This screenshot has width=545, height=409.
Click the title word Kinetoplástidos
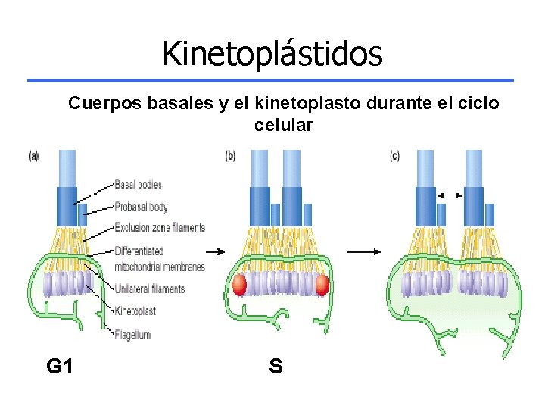click(x=272, y=53)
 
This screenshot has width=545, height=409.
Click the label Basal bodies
click(x=138, y=184)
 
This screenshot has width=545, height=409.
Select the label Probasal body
click(x=141, y=206)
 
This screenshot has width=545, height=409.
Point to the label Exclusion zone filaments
click(x=160, y=227)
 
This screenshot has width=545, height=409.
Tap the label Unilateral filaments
click(x=149, y=289)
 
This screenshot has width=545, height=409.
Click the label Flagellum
click(x=132, y=334)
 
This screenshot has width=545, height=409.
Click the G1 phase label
click(x=60, y=367)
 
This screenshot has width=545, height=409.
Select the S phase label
click(x=276, y=367)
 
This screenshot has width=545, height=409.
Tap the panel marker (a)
click(x=33, y=156)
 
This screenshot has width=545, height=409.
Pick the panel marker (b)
click(x=230, y=156)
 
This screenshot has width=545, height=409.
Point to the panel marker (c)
click(x=394, y=156)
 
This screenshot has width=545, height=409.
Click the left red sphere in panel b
click(x=238, y=285)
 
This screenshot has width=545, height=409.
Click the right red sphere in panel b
click(x=322, y=285)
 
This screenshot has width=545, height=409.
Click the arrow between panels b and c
click(x=364, y=251)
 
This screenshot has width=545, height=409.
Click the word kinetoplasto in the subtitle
click(x=308, y=103)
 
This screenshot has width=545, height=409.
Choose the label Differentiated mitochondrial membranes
click(x=160, y=258)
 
